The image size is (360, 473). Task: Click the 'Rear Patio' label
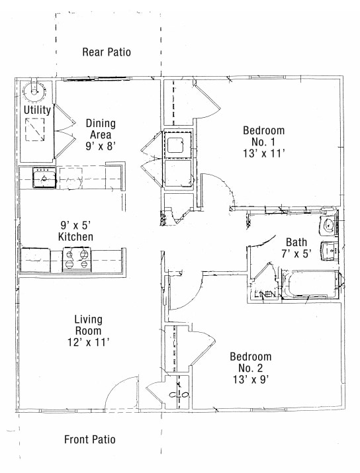[x=107, y=52]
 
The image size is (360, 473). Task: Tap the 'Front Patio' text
[x=90, y=439]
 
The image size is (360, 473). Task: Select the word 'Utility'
[x=37, y=110]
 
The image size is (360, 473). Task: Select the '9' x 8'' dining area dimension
[x=101, y=147]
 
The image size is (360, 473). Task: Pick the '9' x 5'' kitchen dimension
[x=75, y=224]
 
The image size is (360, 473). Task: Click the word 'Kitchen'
[x=75, y=237]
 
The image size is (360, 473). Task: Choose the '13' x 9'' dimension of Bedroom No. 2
[x=250, y=380]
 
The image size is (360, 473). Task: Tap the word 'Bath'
[x=296, y=242]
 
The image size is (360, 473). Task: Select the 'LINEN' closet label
[x=264, y=294]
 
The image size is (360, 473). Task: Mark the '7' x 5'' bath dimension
[x=296, y=253]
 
